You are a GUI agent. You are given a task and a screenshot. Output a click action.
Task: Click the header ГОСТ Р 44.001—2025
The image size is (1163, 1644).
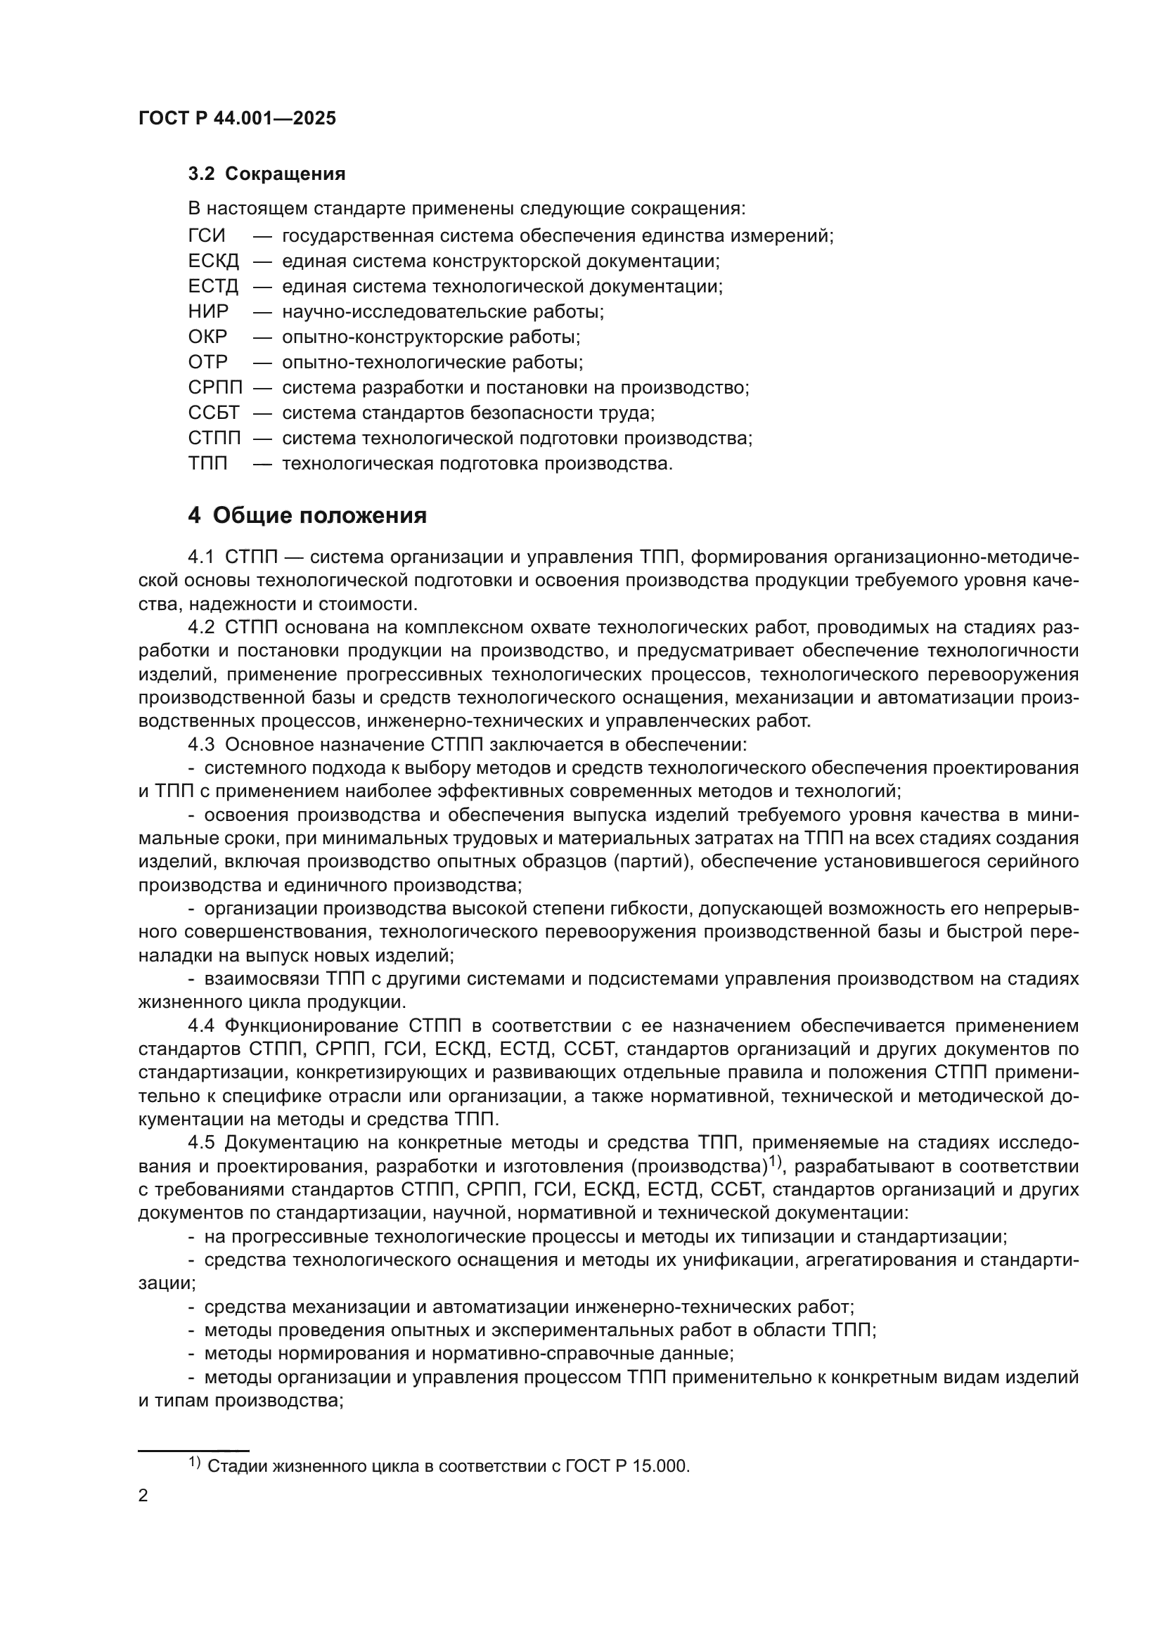pos(237,119)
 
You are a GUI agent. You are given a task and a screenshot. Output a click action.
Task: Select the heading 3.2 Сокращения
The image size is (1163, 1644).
pos(266,174)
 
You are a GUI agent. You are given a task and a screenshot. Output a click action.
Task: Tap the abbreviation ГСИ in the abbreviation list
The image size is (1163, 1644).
pos(206,235)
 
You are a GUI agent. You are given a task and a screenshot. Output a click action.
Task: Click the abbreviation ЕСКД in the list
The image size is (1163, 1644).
pos(214,261)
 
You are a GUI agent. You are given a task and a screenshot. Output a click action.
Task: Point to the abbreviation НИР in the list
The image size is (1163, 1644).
pos(208,311)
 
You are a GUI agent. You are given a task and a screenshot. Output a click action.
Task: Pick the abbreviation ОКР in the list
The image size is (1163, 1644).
pos(207,337)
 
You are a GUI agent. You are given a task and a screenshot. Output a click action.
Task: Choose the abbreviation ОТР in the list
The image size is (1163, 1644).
pos(207,362)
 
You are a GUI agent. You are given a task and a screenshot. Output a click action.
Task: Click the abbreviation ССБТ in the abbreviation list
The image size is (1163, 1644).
pos(214,413)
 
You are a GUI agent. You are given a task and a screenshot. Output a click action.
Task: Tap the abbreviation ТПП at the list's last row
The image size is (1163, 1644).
pos(207,464)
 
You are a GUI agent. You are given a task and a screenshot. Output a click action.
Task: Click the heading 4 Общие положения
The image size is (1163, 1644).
pos(307,515)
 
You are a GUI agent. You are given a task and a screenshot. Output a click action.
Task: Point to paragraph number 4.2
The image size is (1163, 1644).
pos(201,628)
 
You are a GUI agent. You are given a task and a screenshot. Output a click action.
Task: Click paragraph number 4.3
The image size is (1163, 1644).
pos(201,744)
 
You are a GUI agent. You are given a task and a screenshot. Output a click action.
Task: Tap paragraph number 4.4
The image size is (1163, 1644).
pos(201,1026)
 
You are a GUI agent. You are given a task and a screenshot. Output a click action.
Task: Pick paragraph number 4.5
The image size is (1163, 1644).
pos(201,1143)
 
